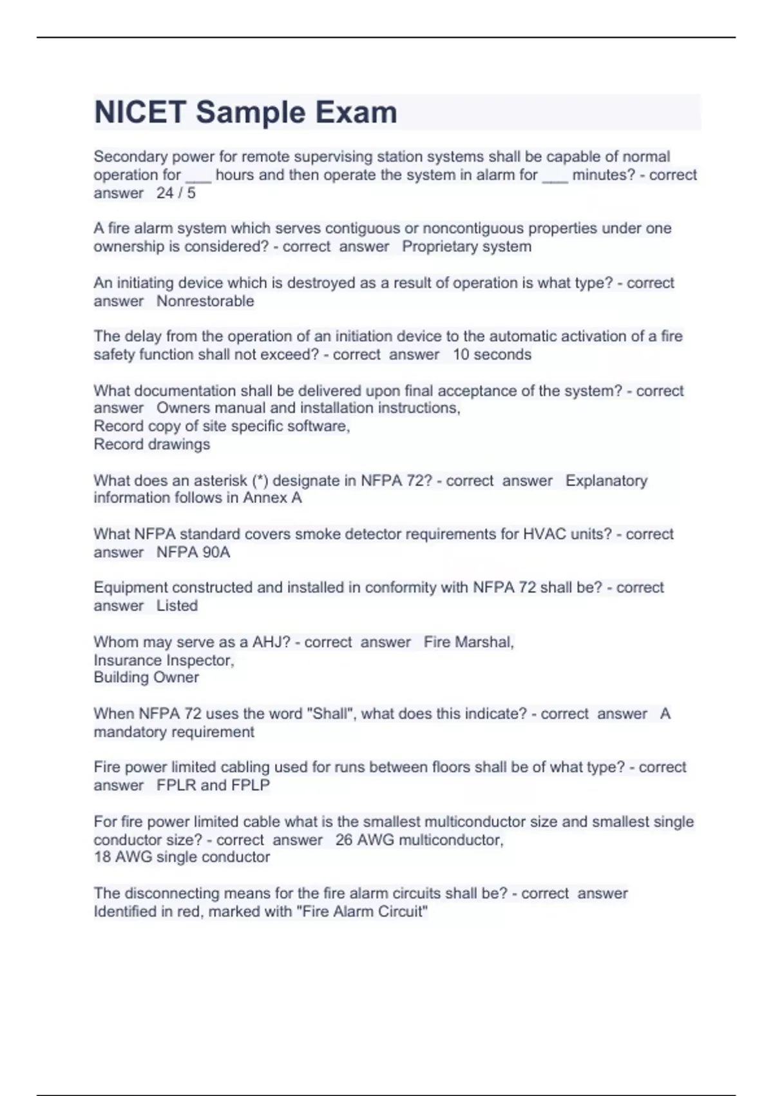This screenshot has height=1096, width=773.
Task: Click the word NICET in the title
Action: [x=140, y=112]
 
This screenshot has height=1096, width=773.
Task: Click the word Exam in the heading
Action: [x=365, y=112]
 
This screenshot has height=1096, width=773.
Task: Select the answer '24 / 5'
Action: [x=176, y=193]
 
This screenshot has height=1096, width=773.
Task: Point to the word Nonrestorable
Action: [x=205, y=301]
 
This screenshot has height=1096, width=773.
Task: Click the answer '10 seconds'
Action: [x=492, y=355]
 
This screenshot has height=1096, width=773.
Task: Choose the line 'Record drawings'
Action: [x=152, y=444]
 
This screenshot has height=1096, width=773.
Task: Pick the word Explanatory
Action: [x=606, y=481]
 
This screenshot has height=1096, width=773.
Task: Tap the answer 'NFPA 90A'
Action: [x=193, y=553]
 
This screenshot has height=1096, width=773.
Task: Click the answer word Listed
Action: [x=177, y=606]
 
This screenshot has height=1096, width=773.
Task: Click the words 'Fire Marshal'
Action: [x=468, y=642]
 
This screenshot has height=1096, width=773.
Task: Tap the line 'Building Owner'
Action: [x=146, y=678]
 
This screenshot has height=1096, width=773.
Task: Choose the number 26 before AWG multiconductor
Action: [x=344, y=840]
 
